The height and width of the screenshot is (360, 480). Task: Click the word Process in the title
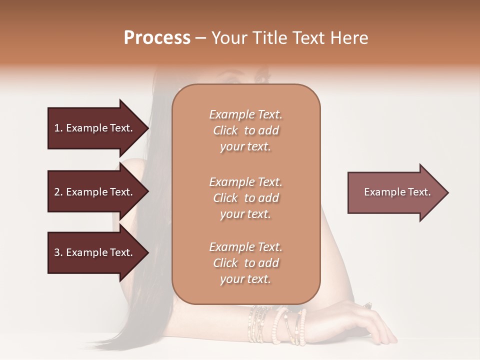click(157, 38)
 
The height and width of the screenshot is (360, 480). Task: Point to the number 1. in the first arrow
click(58, 128)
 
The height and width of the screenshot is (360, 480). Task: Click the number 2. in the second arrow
click(58, 192)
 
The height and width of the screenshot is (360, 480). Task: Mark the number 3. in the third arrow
click(58, 252)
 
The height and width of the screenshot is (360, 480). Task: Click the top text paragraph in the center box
click(246, 130)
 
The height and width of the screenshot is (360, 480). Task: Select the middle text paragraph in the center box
click(246, 198)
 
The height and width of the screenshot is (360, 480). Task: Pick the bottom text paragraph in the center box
click(246, 263)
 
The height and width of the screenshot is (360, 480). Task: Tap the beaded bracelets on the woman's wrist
click(277, 325)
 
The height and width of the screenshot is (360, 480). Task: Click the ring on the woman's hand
click(368, 305)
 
